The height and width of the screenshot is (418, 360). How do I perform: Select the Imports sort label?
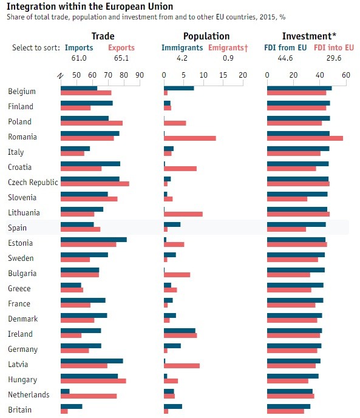pos(79,47)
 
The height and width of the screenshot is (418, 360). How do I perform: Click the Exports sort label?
pos(121,47)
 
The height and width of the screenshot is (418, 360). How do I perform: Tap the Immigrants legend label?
pos(183,47)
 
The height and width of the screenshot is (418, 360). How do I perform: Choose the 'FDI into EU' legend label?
pos(335,47)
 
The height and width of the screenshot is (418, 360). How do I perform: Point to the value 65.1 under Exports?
pos(121,58)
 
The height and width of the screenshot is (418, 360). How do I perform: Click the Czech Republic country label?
pos(33,183)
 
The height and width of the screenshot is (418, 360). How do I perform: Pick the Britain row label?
pos(20,410)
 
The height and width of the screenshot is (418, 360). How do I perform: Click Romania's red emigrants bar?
pos(190,138)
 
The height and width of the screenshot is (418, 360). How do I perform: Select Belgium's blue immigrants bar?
pos(179,88)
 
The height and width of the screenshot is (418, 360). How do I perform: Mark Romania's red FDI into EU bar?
pos(305,138)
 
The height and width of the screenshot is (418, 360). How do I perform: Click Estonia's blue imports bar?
pos(93,240)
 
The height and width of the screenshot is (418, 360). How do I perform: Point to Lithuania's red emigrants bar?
pos(183,214)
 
